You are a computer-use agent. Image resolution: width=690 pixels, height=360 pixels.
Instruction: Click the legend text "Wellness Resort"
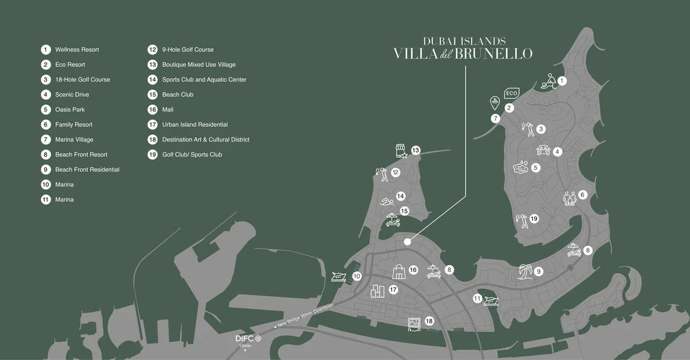(77, 50)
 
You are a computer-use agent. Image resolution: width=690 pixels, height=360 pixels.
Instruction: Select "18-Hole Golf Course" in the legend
(82, 80)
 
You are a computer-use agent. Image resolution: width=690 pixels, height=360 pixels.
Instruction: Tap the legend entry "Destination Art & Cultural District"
(205, 140)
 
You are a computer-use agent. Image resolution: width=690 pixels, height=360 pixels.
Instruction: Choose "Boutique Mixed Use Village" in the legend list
(198, 65)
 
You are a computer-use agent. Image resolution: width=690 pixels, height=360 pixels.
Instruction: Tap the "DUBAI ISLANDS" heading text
(464, 41)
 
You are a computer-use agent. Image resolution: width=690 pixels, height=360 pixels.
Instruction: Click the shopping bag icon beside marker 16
(398, 271)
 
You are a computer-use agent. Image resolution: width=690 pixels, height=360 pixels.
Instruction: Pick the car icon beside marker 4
(543, 150)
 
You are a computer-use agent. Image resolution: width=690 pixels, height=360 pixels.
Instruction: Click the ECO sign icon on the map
(511, 93)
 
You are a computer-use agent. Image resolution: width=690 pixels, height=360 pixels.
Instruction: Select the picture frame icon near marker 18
(414, 324)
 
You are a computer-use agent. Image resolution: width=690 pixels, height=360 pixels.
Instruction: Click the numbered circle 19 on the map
(534, 219)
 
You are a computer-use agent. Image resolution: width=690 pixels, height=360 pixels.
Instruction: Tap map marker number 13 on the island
(416, 151)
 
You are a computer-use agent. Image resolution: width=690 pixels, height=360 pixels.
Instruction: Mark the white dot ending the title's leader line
(407, 242)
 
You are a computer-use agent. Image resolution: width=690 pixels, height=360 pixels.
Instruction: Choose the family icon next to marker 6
(569, 198)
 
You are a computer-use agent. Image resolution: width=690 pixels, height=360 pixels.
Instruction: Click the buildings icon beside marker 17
(377, 292)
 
